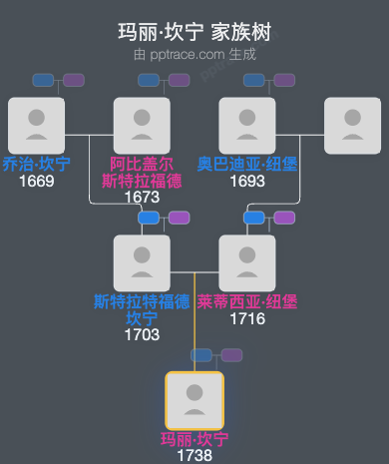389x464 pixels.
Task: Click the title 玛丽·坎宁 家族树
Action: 194,32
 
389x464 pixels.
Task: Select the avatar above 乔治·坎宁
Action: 36,125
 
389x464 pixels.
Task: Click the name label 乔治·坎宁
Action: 36,164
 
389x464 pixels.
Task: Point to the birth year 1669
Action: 36,181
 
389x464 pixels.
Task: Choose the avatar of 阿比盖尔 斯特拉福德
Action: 142,125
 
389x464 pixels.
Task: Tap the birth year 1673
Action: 142,197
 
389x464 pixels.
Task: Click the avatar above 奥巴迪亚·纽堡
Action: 247,125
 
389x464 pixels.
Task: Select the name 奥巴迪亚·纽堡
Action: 247,164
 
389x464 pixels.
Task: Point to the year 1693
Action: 247,181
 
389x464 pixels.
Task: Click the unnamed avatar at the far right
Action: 353,125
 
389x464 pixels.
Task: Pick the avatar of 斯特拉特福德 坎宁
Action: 142,262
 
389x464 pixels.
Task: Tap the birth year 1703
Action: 142,334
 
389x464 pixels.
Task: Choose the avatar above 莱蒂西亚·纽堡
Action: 247,262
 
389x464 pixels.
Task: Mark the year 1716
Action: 247,318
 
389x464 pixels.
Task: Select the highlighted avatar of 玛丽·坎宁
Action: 194,400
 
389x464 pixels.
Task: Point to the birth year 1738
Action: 194,455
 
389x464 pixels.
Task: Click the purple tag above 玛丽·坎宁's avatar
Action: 231,354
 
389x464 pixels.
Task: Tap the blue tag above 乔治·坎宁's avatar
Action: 43,80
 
